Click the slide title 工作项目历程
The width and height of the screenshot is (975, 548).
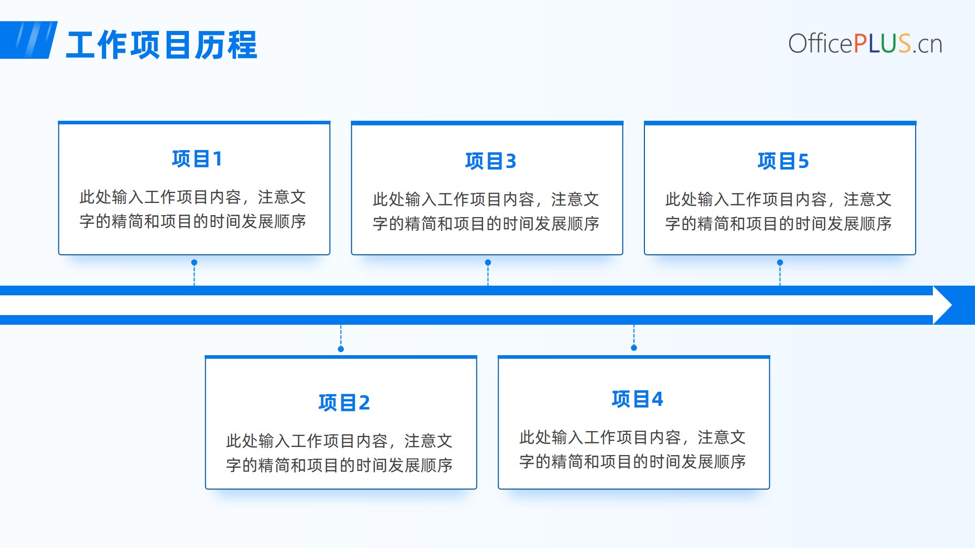point(161,45)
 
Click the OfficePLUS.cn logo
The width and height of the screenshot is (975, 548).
point(865,44)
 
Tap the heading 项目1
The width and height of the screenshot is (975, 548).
point(197,159)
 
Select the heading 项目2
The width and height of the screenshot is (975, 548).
point(344,402)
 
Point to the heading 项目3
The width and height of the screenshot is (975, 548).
point(491,161)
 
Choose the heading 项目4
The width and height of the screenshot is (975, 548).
point(637,399)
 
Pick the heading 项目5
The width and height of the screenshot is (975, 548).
point(783,161)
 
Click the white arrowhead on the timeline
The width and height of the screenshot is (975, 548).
point(942,305)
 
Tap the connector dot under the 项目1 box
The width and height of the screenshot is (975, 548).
point(194,262)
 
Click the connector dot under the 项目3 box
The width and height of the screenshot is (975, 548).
point(488,262)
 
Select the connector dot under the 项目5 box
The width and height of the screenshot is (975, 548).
point(780,262)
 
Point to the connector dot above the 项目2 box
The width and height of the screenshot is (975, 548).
point(341,349)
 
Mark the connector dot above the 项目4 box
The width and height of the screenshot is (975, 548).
point(634,348)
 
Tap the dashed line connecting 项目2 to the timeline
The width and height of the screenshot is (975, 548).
point(341,335)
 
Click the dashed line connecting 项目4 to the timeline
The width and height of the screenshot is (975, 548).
point(634,335)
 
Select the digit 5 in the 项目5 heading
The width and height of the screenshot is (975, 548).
point(803,161)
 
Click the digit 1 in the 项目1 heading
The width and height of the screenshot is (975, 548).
point(217,159)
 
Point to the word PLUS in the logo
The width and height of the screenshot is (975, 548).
point(882,44)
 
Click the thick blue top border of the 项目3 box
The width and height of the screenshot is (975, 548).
point(487,123)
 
